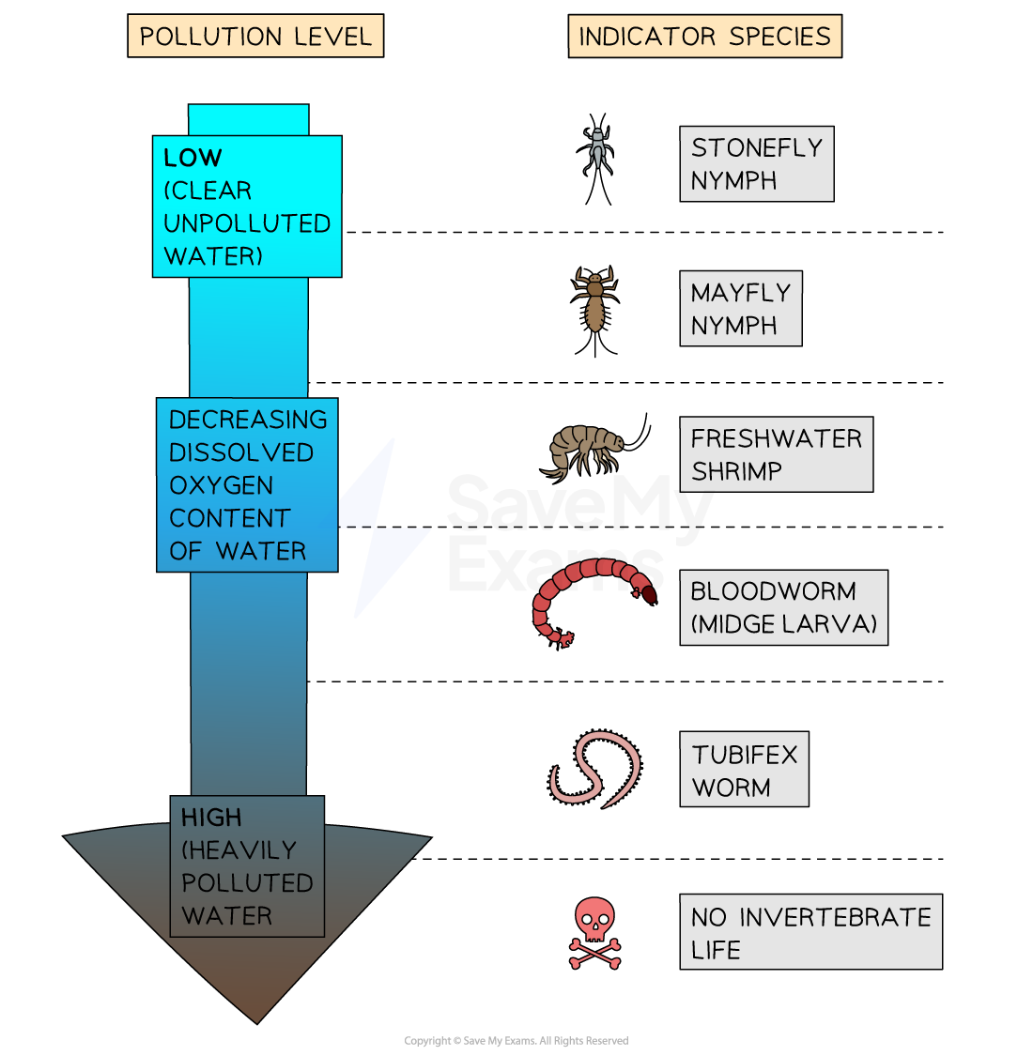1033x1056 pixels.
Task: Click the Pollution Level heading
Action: [x=255, y=37]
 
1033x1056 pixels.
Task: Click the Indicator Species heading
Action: [x=704, y=37]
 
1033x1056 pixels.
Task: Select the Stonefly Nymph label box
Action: [x=756, y=163]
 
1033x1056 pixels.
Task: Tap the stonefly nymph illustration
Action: [x=596, y=150]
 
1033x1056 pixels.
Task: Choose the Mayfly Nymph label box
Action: [x=740, y=309]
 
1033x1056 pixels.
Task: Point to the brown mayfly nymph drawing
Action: [x=594, y=298]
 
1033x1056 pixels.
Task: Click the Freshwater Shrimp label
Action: [x=776, y=454]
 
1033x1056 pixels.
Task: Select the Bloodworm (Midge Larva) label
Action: [x=783, y=607]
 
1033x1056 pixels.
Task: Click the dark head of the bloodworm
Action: [x=647, y=593]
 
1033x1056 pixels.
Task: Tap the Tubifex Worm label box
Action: [x=744, y=770]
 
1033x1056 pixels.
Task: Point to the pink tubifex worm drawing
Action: [x=594, y=769]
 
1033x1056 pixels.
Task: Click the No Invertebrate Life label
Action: [x=810, y=932]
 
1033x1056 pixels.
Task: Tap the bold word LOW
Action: [x=193, y=158]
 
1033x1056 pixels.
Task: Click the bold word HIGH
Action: [x=211, y=818]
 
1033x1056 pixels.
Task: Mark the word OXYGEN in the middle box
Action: [x=221, y=485]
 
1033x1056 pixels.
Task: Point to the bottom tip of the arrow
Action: [x=256, y=1019]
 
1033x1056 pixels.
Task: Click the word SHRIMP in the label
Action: [x=736, y=471]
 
